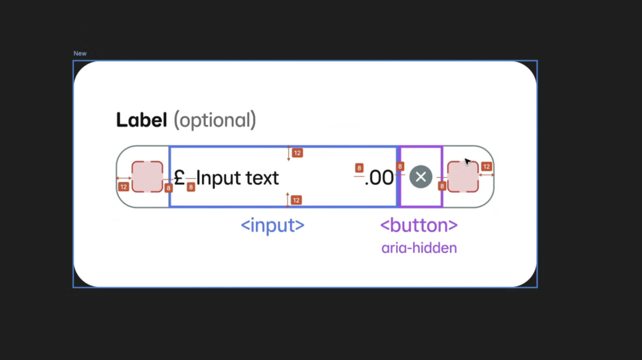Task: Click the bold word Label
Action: click(142, 120)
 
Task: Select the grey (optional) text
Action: click(215, 120)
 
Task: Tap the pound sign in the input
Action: click(179, 177)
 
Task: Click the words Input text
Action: click(237, 178)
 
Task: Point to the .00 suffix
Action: click(379, 178)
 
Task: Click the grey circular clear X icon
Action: click(421, 177)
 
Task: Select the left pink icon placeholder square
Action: click(147, 177)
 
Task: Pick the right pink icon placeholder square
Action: click(463, 177)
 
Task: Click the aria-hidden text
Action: click(419, 248)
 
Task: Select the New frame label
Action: click(80, 53)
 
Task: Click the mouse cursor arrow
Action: click(467, 161)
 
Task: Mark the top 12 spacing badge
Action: click(297, 153)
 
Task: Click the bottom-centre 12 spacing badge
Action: click(296, 200)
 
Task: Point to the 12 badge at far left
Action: click(124, 187)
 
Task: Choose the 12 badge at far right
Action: click(486, 167)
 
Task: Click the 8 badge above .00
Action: click(359, 168)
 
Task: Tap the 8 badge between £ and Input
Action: click(191, 187)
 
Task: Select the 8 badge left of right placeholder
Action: click(442, 186)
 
